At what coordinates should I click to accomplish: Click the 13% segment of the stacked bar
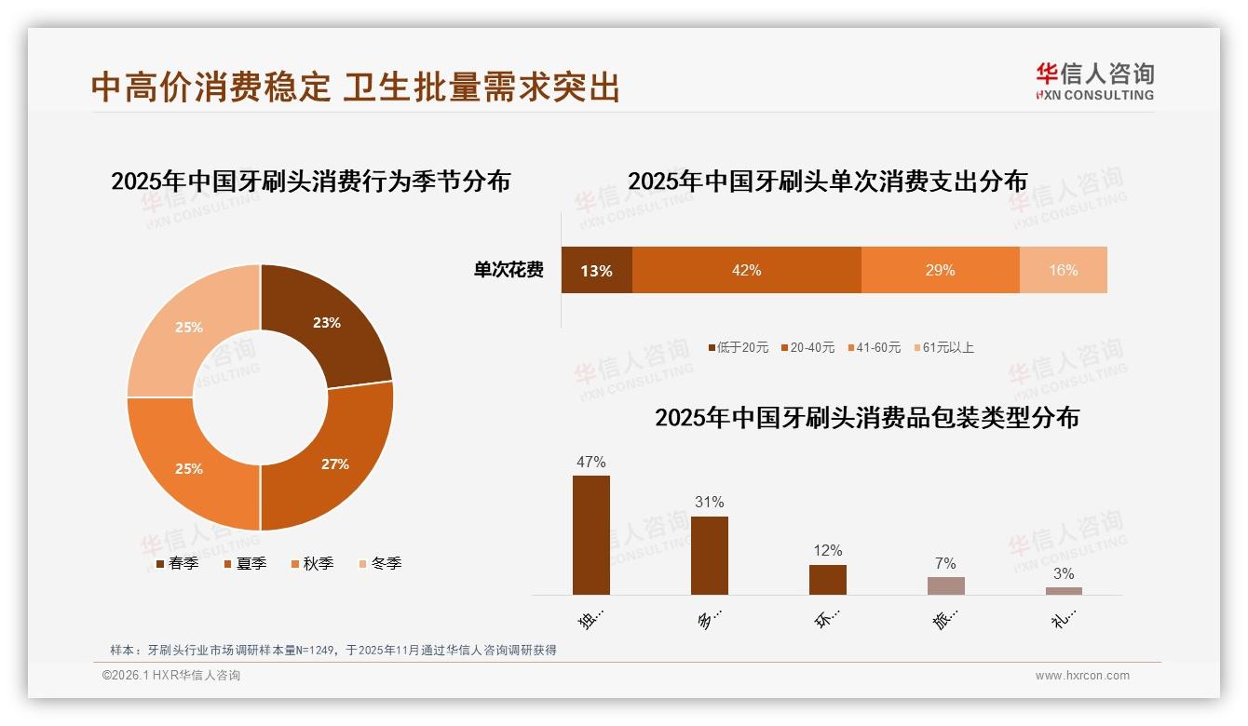click(x=596, y=270)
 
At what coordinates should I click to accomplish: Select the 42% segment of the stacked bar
click(x=746, y=270)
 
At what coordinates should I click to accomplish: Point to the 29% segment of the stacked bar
click(x=940, y=270)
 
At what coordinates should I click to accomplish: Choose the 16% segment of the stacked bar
click(x=1063, y=270)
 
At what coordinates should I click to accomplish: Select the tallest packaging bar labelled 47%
click(x=590, y=534)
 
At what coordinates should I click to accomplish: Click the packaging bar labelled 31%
click(x=709, y=555)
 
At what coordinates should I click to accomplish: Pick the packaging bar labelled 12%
click(x=827, y=579)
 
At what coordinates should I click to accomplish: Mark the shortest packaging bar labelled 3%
click(x=1064, y=590)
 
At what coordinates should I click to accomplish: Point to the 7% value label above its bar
click(x=945, y=563)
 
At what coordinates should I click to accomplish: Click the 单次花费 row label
click(x=509, y=270)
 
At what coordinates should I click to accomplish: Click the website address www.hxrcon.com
click(x=1082, y=676)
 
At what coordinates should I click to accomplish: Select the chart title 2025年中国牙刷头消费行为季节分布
click(x=311, y=181)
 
